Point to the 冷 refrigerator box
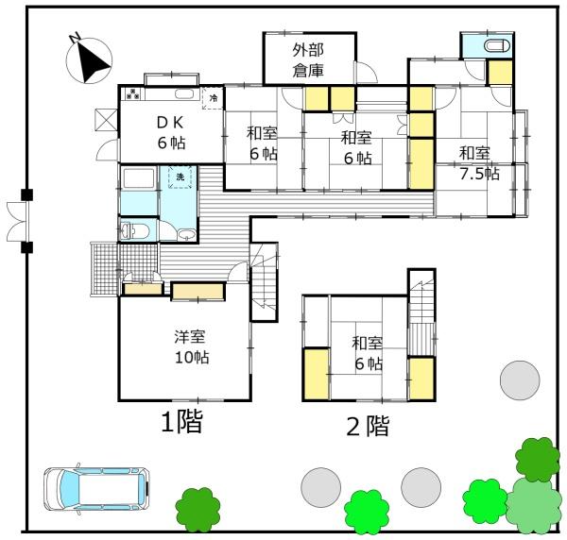pyautogui.click(x=214, y=97)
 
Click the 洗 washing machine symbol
pyautogui.click(x=176, y=177)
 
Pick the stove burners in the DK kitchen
pyautogui.click(x=132, y=94)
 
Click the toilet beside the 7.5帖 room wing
pyautogui.click(x=492, y=47)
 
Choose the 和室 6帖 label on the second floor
pyautogui.click(x=368, y=354)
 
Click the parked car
pyautogui.click(x=96, y=487)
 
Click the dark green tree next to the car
pyautogui.click(x=198, y=508)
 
